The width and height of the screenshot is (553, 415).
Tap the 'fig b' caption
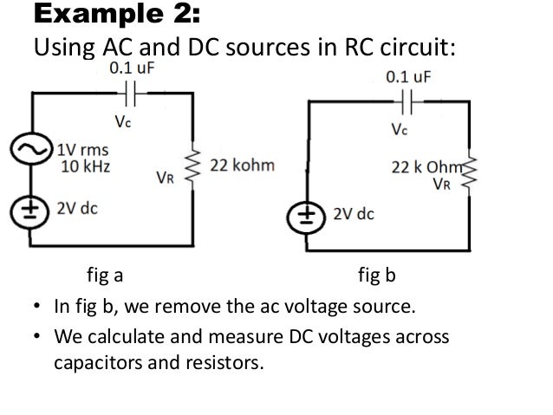coord(377,277)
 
